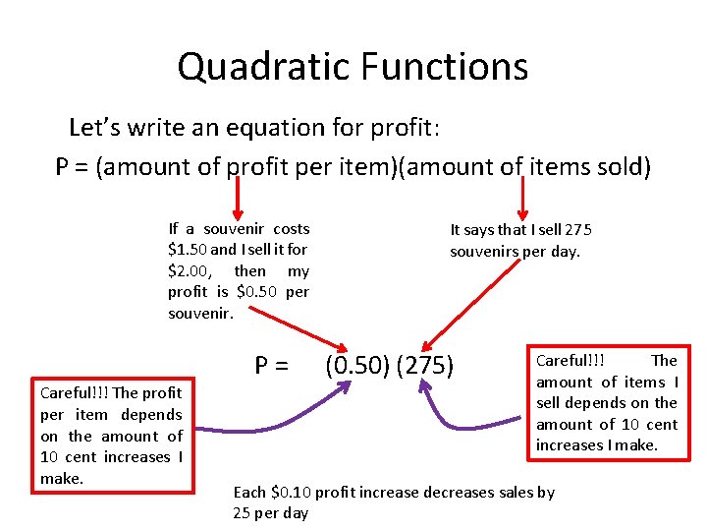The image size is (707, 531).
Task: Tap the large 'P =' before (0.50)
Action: click(272, 367)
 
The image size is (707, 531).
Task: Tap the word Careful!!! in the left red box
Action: click(74, 393)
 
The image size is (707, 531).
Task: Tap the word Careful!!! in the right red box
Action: click(570, 361)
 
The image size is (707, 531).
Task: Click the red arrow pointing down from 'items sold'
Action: click(522, 202)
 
